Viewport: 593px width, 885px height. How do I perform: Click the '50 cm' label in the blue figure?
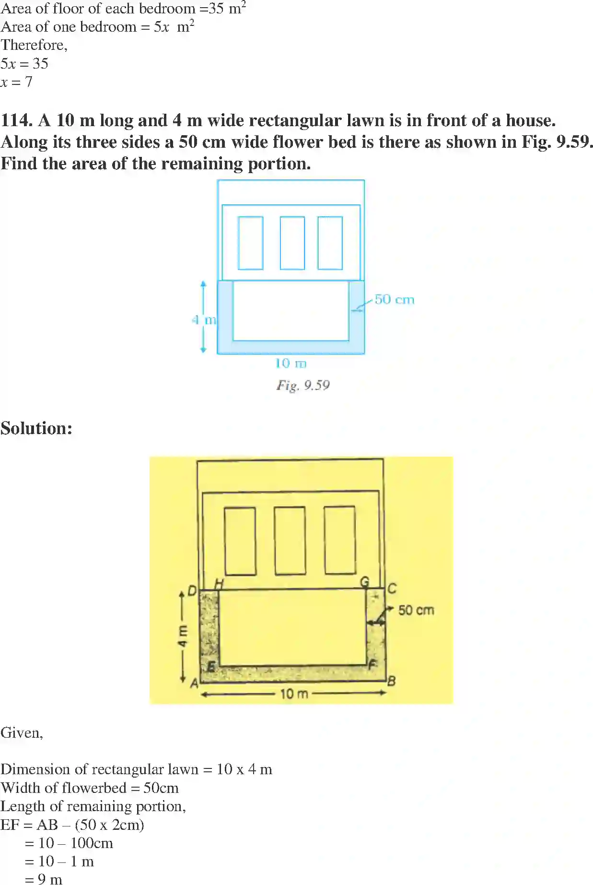click(x=394, y=300)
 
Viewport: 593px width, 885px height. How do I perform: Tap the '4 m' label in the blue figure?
click(x=204, y=319)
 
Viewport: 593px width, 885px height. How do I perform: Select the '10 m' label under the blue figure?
click(x=291, y=364)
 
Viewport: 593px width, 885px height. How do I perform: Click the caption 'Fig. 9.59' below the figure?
click(x=303, y=385)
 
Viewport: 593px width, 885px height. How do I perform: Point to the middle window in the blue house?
click(x=292, y=243)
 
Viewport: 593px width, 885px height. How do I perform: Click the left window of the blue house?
click(x=250, y=243)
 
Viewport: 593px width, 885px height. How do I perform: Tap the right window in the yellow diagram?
click(x=340, y=540)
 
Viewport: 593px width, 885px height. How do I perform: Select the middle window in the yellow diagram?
click(x=290, y=540)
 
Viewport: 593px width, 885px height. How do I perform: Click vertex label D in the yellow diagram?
click(x=192, y=591)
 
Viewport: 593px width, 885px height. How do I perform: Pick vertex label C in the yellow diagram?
click(x=392, y=589)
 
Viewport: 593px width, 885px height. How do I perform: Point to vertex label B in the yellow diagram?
click(x=392, y=681)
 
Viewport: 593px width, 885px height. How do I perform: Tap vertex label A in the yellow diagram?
click(x=194, y=683)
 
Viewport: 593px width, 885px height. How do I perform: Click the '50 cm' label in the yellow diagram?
click(x=416, y=610)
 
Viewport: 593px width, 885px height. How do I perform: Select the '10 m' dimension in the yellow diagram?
click(x=294, y=694)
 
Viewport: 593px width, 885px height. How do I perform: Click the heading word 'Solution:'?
click(x=36, y=428)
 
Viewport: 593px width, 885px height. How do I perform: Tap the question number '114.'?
click(x=16, y=120)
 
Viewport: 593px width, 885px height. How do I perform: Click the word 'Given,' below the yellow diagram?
click(x=22, y=732)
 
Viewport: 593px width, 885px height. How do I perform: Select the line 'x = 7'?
click(x=16, y=82)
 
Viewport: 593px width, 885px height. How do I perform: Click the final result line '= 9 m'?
click(x=44, y=879)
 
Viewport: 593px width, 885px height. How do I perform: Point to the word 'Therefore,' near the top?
click(x=34, y=45)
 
